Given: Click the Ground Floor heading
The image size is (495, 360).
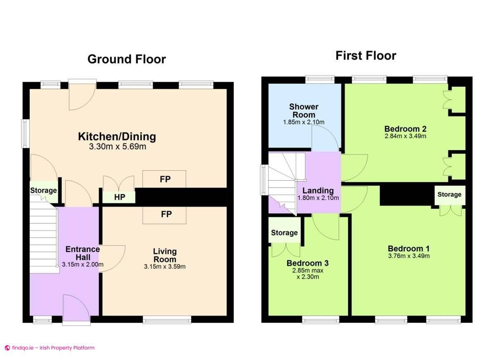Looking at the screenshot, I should coord(126,59).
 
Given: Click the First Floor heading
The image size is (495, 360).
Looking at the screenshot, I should coord(365,56).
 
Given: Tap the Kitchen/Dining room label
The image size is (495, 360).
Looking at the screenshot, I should coord(117,136).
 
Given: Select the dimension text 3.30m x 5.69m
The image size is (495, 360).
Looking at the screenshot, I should coord(117,147).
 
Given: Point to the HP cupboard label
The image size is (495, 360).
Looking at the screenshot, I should coord(120,198).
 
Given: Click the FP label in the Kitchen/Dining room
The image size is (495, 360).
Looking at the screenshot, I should coord(166,179).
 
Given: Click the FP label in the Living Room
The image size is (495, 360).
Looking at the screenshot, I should coord(166,214).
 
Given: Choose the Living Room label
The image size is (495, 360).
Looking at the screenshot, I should coord(165,255).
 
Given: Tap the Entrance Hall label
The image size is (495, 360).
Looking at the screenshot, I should coord(82,253).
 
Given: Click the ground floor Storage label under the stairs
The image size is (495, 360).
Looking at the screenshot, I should coord(43,191).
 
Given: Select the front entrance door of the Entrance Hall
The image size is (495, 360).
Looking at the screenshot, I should coord(76,309).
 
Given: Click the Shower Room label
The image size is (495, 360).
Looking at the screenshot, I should coord(304,111).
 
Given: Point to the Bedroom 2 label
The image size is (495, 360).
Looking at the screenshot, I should coord(405,128).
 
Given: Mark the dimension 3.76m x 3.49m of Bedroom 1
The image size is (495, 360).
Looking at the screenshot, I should coord(409,256).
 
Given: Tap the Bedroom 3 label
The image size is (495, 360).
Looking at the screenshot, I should coord(307,263).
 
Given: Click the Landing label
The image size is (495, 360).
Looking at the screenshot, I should coord(318,191).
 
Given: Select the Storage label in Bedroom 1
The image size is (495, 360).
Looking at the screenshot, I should coord(449,195).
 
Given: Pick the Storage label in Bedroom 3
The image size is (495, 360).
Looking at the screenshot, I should coord(284,233).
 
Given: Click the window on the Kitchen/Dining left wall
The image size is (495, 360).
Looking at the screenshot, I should coord(26,133).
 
